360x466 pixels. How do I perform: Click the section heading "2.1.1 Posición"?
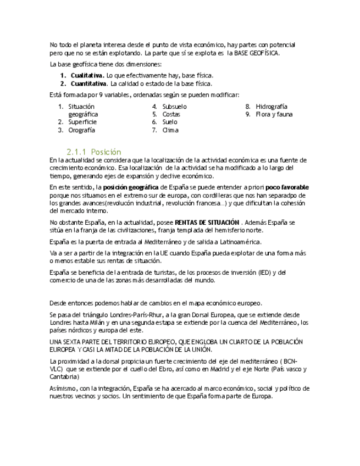pos(94,152)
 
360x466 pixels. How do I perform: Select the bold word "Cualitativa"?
pos(87,75)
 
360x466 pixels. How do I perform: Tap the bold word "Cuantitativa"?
pos(88,84)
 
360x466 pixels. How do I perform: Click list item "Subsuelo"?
pos(174,107)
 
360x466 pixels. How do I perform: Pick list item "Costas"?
pos(171,114)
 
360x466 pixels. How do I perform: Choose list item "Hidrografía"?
pos(272,107)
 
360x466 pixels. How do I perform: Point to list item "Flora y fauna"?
pos(274,114)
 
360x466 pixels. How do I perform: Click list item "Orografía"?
pos(82,130)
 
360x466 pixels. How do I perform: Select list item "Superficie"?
pos(82,122)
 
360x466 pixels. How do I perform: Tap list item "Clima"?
pos(170,130)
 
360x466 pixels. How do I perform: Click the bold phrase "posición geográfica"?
pos(131,187)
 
